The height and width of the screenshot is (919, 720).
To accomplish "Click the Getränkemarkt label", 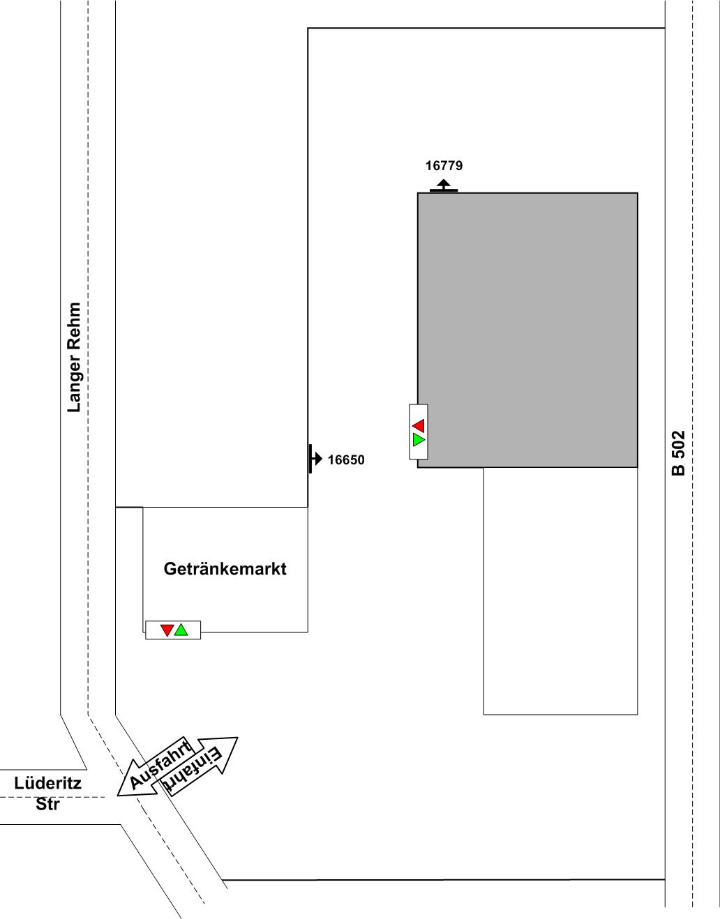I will click(225, 569).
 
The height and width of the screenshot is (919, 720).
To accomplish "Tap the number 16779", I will click(444, 166).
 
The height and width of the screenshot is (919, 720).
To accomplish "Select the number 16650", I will click(346, 460).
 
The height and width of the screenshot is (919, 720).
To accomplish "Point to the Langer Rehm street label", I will click(74, 357).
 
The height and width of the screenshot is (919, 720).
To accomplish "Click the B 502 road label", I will click(678, 453).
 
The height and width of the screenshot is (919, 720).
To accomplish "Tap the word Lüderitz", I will click(47, 783).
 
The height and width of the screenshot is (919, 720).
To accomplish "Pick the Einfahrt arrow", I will click(200, 766).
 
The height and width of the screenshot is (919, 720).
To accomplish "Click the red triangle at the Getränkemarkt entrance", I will click(167, 630).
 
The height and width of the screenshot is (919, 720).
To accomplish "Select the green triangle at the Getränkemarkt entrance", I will click(181, 630).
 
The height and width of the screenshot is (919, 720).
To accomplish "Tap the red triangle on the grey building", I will click(419, 425).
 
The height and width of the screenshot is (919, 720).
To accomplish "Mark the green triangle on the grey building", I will click(419, 440).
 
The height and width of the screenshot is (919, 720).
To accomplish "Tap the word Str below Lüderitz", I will click(47, 804).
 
